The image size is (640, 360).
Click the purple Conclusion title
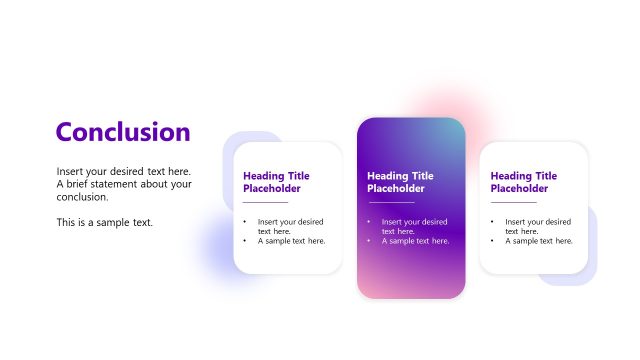123,132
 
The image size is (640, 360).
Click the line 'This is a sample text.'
105,222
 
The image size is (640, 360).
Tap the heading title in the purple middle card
400,182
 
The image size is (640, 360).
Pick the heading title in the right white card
524,182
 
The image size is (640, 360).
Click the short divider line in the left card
265,203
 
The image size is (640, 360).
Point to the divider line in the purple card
389,203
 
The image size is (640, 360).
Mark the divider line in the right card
513,203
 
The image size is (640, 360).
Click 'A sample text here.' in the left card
291,241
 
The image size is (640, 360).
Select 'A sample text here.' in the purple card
415,241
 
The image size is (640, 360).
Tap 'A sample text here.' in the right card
539,241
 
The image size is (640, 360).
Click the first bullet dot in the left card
245,222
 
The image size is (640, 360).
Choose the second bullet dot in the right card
493,241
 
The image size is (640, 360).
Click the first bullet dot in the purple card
369,222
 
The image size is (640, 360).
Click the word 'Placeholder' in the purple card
396,188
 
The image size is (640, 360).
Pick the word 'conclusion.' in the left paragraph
82,197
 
